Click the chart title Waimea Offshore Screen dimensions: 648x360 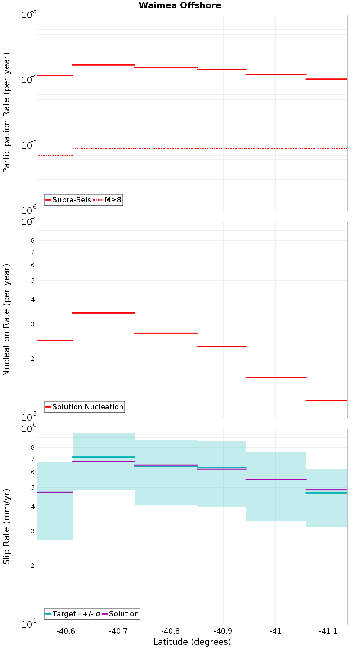click(180, 5)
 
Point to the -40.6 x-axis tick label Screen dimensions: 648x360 click(66, 631)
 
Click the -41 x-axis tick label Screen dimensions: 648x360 click(275, 631)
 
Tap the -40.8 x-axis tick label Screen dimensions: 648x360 click(170, 631)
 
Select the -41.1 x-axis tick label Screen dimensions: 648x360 click(328, 631)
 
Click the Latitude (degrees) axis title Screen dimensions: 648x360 click(192, 642)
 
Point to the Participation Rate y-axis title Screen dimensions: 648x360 click(6, 113)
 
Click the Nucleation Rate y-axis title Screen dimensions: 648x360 click(6, 320)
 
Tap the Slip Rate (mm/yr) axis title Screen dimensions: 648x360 click(6, 526)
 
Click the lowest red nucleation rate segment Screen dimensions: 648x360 click(326, 400)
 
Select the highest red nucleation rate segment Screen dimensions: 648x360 click(104, 313)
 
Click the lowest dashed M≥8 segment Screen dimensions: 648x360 click(55, 156)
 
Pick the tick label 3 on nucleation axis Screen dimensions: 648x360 click(33, 324)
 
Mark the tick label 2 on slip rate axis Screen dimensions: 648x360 click(33, 566)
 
